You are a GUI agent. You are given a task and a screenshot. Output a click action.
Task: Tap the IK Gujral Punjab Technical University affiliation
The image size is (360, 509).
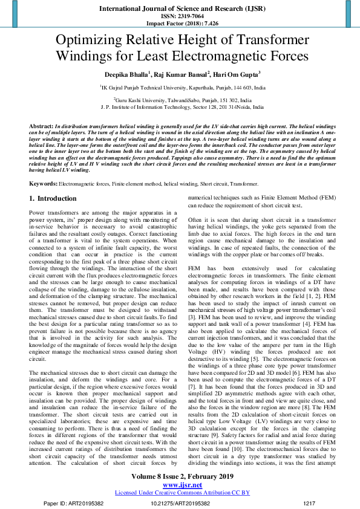(x=182, y=88)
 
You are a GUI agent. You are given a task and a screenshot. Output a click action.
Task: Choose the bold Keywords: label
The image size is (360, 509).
(x=44, y=183)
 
